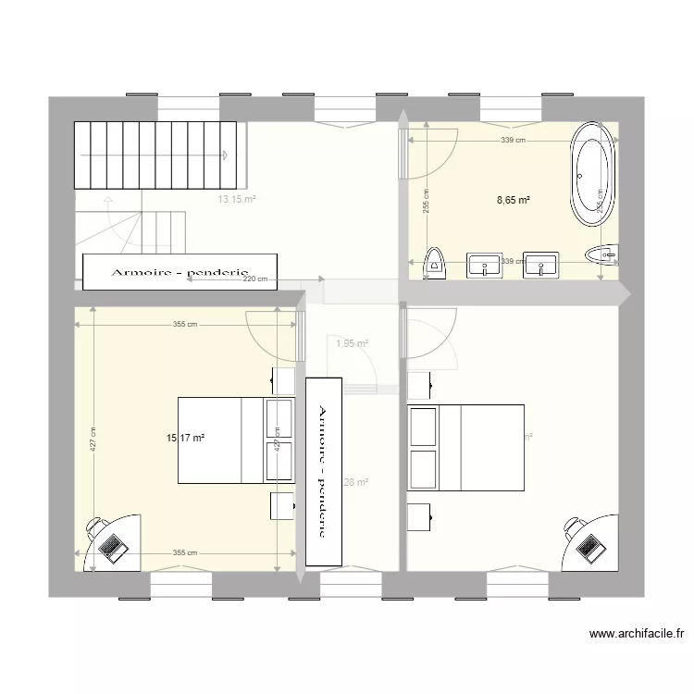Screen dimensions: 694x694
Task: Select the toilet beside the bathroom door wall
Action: [433, 264]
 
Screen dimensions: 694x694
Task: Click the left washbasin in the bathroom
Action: [483, 265]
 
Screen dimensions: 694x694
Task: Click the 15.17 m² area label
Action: [185, 438]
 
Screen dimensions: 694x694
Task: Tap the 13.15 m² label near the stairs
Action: [237, 199]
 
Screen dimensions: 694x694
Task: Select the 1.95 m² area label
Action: [352, 343]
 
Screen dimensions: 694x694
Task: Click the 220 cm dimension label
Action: [255, 279]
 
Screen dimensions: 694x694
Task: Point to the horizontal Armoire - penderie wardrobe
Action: [180, 270]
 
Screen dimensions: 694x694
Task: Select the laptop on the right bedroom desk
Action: [589, 547]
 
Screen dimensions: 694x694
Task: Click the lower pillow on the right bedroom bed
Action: [423, 470]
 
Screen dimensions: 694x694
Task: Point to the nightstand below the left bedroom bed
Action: [283, 507]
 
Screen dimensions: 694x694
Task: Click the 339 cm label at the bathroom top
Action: [514, 141]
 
